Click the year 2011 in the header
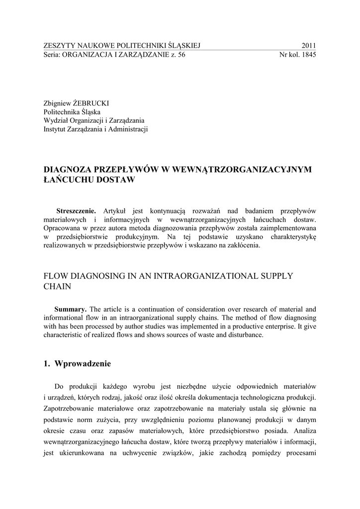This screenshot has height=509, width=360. click(x=308, y=46)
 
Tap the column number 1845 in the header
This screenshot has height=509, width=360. click(x=308, y=55)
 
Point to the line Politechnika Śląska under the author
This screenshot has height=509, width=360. click(x=72, y=112)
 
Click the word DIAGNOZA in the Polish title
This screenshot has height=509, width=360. click(x=70, y=170)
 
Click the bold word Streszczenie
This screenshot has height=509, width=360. click(x=77, y=210)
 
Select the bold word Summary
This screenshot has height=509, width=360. click(x=70, y=308)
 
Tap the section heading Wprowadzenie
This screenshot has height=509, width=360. click(x=83, y=363)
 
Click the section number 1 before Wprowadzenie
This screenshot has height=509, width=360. click(x=47, y=363)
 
